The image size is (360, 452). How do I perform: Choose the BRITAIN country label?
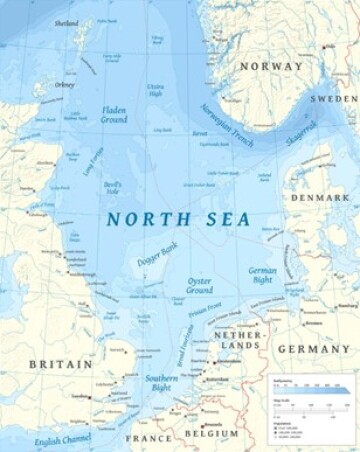click(60, 364)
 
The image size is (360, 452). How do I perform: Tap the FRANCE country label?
click(148, 438)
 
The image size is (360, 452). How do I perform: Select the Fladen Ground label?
click(114, 113)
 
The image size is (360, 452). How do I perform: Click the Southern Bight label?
click(161, 383)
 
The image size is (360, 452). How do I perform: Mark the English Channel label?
click(60, 437)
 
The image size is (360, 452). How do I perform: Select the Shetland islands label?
click(67, 23)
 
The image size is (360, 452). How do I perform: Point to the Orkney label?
click(65, 85)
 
